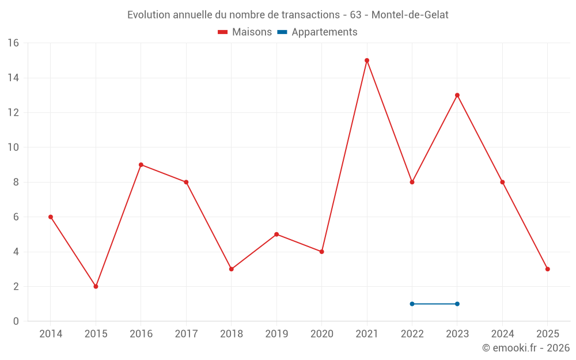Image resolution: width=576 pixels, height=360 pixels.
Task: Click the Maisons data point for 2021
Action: coord(367,60)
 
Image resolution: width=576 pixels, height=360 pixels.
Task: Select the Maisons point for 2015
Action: coord(96,286)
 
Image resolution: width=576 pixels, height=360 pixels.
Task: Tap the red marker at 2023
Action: coord(457,95)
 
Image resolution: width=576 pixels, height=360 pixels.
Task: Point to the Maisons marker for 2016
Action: coord(141,165)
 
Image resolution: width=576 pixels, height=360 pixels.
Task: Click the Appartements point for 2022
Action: coord(412,304)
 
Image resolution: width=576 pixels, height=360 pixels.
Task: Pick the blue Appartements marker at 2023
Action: coord(457,304)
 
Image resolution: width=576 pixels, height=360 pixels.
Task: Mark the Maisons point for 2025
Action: coord(548,269)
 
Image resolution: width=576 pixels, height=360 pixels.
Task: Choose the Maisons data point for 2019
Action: coord(276,234)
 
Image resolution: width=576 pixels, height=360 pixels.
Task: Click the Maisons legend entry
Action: coord(245,32)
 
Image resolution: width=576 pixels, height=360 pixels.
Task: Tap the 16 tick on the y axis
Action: coord(13,43)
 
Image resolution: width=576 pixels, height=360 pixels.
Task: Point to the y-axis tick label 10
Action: coord(13,147)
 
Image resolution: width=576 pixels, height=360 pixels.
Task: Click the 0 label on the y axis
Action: coord(16,321)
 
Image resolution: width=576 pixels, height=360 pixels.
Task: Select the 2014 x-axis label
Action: coord(51,334)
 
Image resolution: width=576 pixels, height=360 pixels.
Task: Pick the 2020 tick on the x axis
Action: coord(321,334)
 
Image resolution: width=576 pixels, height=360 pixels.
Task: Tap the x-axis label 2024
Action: coord(502,334)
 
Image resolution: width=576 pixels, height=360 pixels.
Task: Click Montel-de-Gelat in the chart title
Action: coord(410,15)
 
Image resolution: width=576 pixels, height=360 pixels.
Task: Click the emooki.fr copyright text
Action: coord(526,348)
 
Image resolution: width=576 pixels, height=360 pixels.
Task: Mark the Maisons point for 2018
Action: coord(232,269)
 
